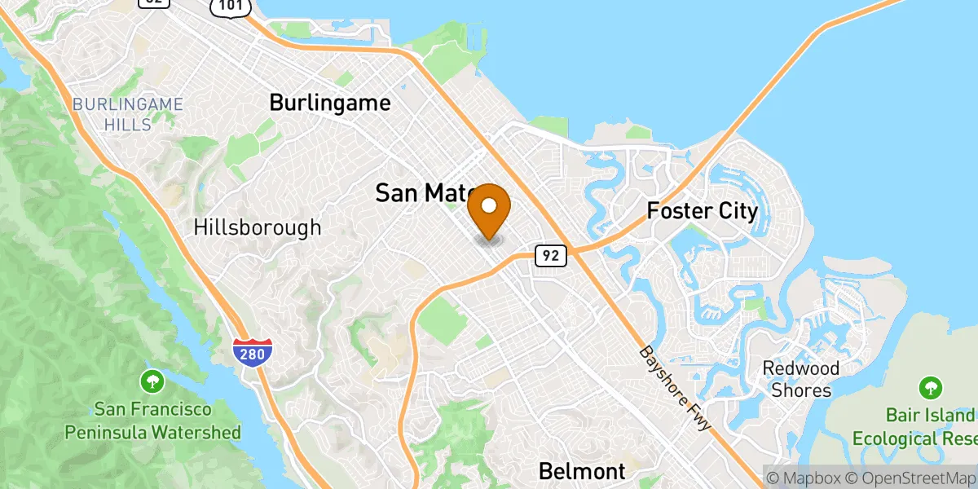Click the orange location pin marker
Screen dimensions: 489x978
pyautogui.click(x=490, y=210)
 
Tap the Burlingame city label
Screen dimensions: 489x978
pyautogui.click(x=330, y=104)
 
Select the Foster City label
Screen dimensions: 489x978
pyautogui.click(x=702, y=212)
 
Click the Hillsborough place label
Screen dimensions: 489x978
pyautogui.click(x=258, y=227)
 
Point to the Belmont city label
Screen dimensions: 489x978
pyautogui.click(x=582, y=470)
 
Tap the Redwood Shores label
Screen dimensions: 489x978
pyautogui.click(x=801, y=379)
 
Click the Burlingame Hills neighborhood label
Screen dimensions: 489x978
pyautogui.click(x=127, y=114)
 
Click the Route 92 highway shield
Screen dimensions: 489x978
pyautogui.click(x=551, y=256)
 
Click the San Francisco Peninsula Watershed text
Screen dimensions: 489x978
pyautogui.click(x=153, y=420)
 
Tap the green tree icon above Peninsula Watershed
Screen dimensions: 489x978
pyautogui.click(x=152, y=380)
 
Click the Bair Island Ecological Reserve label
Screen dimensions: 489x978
pyautogui.click(x=914, y=427)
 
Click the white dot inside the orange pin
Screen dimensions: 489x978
pyautogui.click(x=490, y=204)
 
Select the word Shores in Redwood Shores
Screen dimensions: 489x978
pyautogui.click(x=801, y=390)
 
